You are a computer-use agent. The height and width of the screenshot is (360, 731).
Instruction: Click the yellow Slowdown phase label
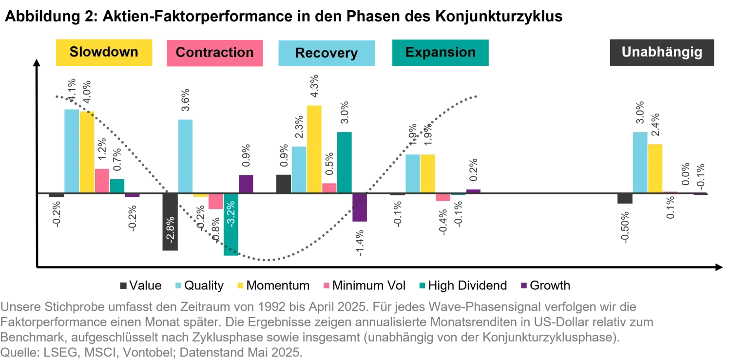click(105, 53)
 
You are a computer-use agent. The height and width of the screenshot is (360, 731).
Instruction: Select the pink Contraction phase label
click(214, 53)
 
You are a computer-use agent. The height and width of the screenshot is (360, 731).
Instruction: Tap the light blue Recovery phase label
click(327, 53)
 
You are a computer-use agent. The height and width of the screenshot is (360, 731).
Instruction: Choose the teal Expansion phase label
click(440, 53)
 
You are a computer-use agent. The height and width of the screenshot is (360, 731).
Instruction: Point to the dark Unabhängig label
click(662, 53)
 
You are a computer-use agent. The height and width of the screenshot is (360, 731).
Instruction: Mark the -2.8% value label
click(170, 229)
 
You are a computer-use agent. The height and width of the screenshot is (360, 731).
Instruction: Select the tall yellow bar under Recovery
click(313, 148)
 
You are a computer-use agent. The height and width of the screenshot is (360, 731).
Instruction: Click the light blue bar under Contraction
click(185, 155)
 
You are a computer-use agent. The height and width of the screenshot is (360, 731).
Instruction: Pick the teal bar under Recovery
click(344, 162)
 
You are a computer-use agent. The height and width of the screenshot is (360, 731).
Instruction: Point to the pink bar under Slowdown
click(102, 180)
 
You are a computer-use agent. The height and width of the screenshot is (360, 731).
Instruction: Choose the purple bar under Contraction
click(246, 183)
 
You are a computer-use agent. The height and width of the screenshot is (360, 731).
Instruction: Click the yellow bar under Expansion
click(428, 173)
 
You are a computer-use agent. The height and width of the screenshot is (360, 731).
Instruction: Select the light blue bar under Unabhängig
click(640, 162)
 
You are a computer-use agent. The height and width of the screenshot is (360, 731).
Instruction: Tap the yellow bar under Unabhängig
click(655, 168)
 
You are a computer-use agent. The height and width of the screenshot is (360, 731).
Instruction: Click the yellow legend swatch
click(239, 286)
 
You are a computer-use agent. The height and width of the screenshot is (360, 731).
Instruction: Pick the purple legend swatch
click(524, 286)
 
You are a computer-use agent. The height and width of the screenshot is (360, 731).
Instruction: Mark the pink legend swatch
click(326, 286)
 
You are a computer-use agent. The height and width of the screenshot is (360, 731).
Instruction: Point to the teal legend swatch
click(423, 286)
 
